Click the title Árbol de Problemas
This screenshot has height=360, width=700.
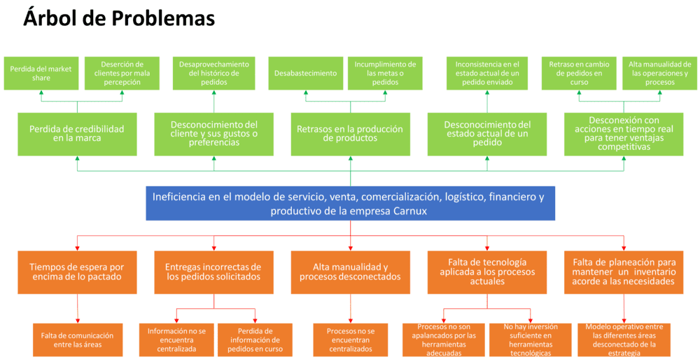coord(119,19)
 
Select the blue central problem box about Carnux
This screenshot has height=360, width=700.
coord(349,203)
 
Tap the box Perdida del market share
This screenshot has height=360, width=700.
coord(40,73)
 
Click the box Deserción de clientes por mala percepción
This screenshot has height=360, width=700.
coord(122,73)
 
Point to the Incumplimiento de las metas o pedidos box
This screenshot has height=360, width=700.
coord(385,73)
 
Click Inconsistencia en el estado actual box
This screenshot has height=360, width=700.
coord(487,73)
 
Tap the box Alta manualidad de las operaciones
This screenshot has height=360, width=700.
coord(658,73)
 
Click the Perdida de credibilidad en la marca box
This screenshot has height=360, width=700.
coord(76,134)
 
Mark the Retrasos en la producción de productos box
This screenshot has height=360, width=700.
coord(350,134)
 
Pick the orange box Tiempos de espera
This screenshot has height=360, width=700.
coord(76,271)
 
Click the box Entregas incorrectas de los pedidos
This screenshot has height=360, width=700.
coord(213,271)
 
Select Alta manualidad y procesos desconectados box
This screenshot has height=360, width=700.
coord(350,271)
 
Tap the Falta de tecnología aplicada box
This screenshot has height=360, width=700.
coord(487,271)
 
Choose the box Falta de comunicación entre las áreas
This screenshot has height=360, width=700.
coord(78,339)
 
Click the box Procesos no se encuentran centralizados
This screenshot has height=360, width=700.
coord(350,339)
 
